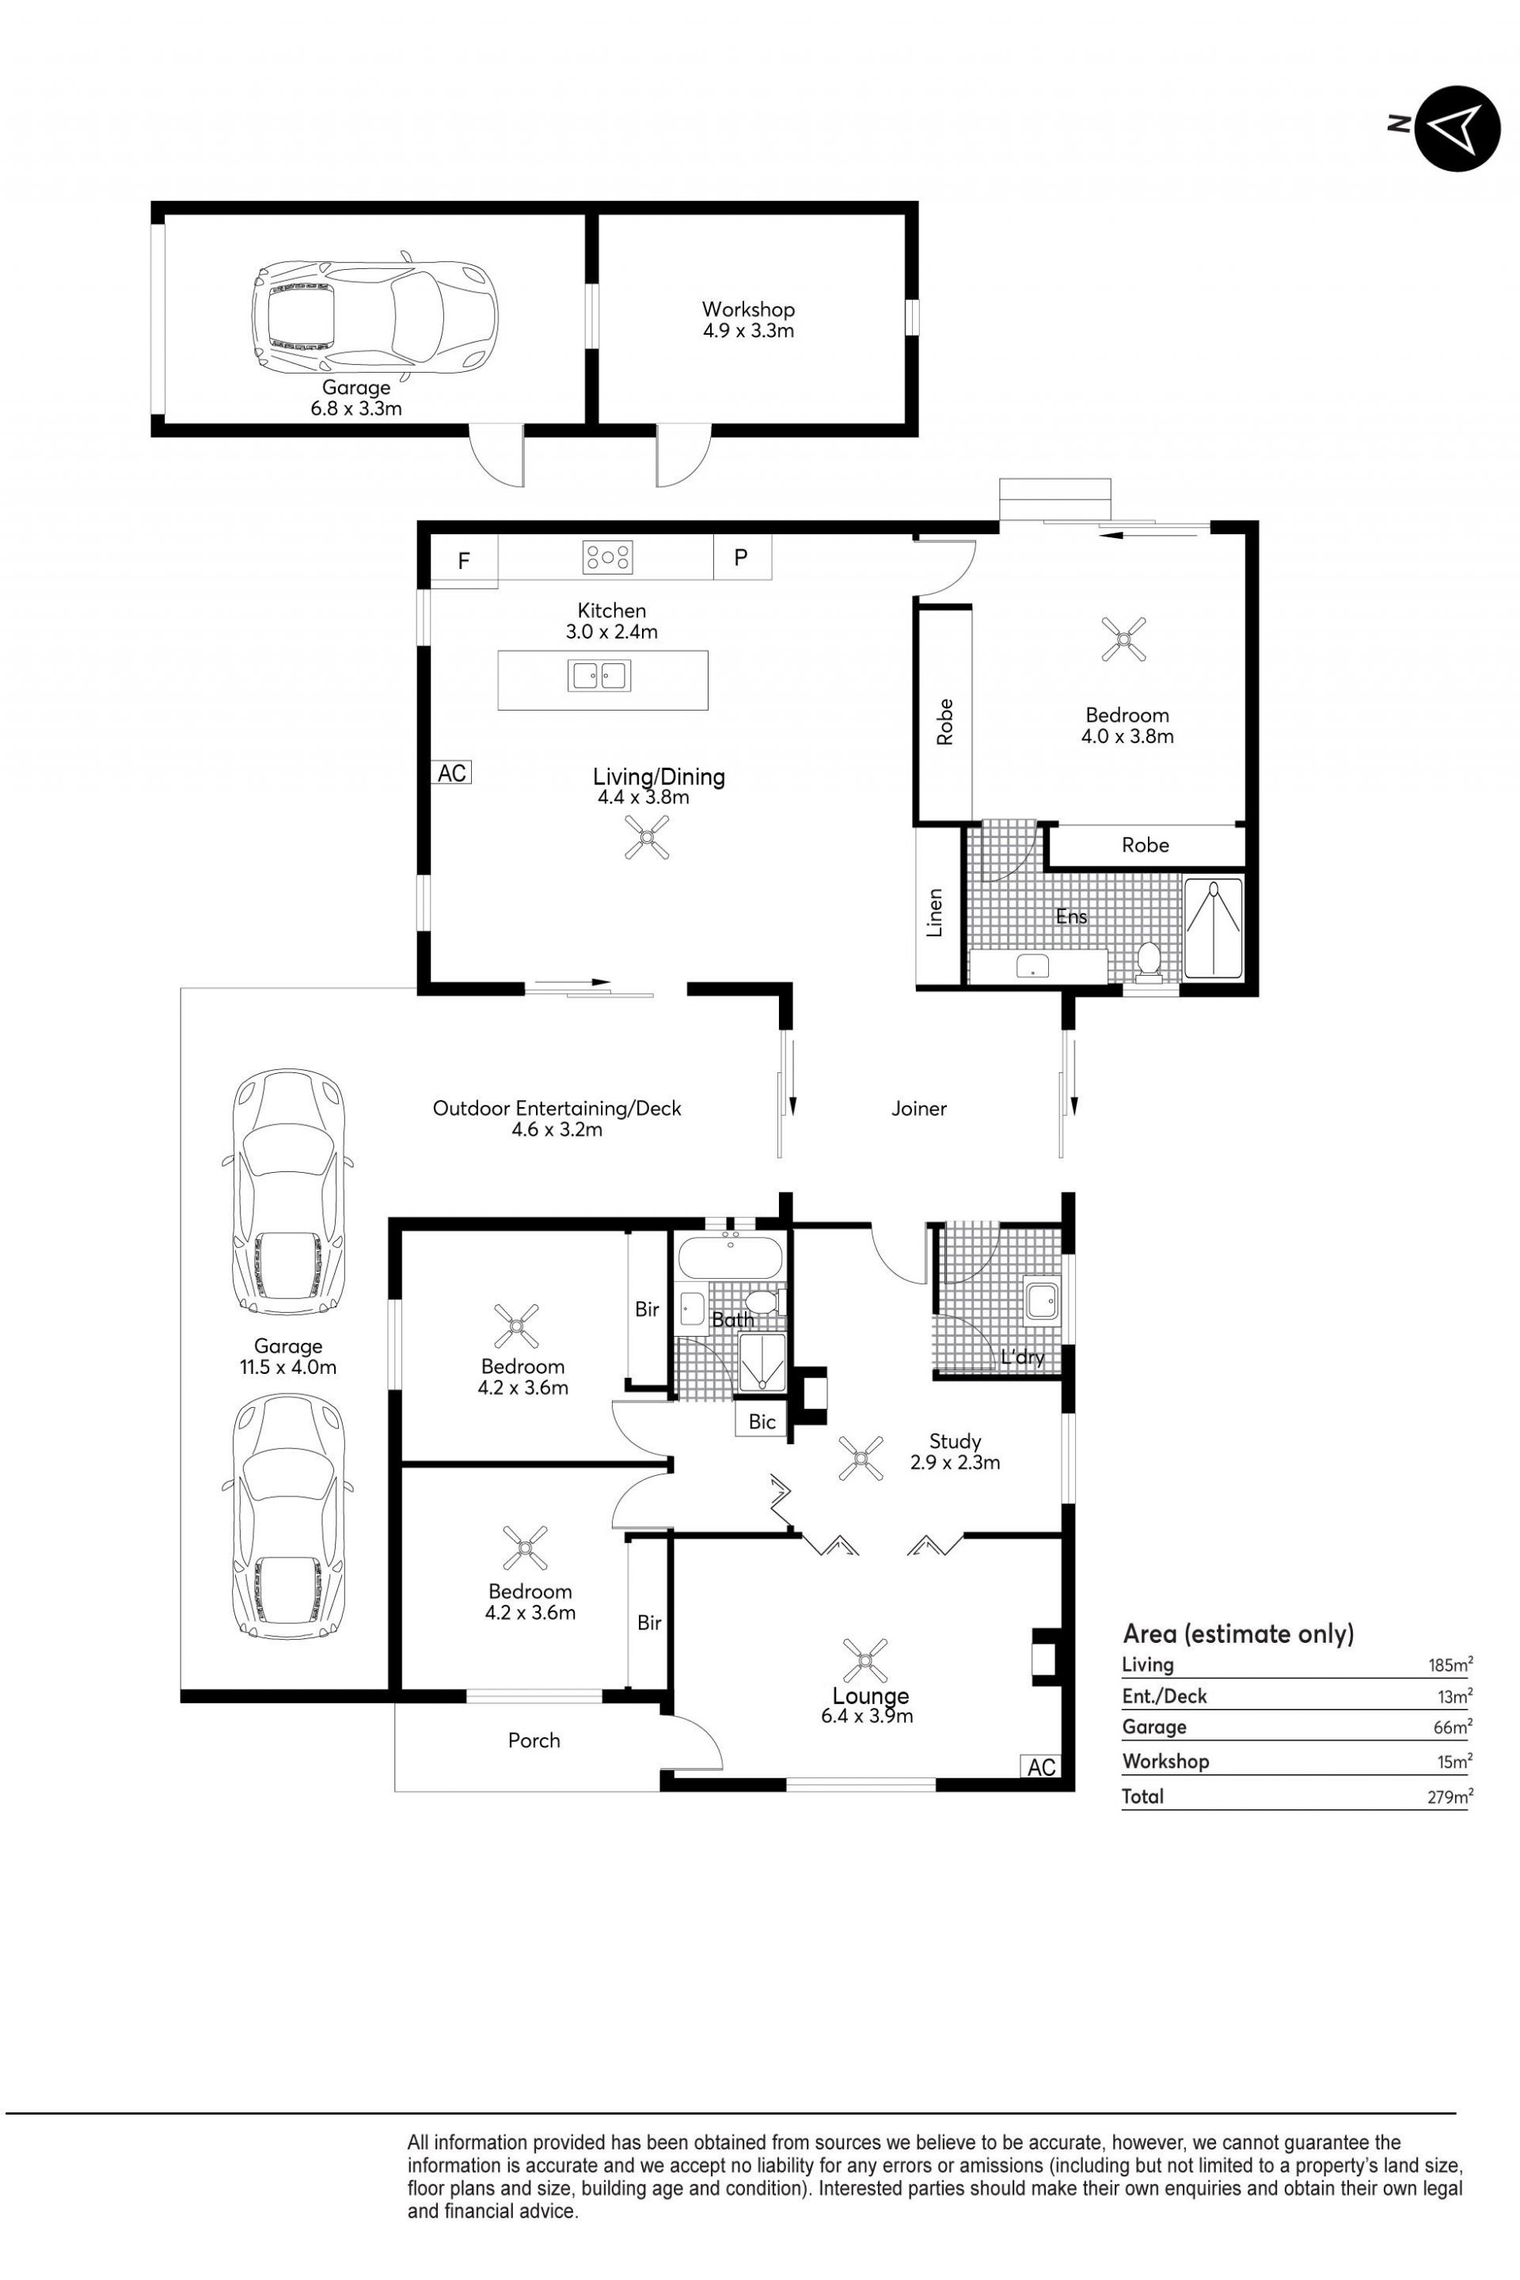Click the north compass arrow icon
pyautogui.click(x=1457, y=128)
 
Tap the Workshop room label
pyautogui.click(x=748, y=309)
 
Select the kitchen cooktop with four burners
pyautogui.click(x=608, y=556)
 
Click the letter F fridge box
pyautogui.click(x=465, y=560)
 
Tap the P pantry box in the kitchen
pyautogui.click(x=742, y=557)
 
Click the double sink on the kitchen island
pyautogui.click(x=599, y=675)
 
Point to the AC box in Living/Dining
pyautogui.click(x=452, y=772)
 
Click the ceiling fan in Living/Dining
pyautogui.click(x=647, y=837)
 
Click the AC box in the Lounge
pyautogui.click(x=1041, y=1767)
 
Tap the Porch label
pyautogui.click(x=534, y=1740)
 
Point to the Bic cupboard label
pyautogui.click(x=762, y=1421)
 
